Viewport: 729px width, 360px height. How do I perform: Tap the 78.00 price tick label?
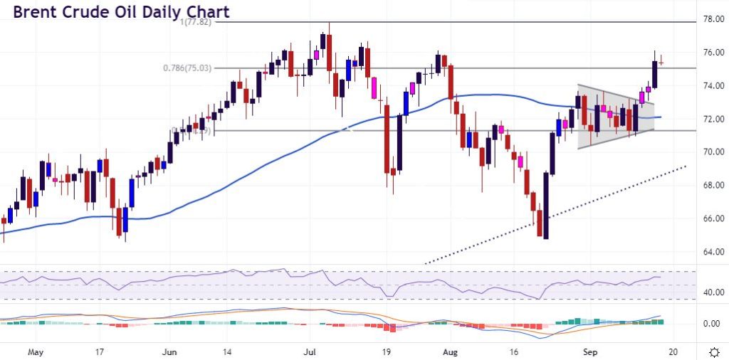[713, 19]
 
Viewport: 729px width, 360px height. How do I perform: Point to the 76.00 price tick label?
[713, 53]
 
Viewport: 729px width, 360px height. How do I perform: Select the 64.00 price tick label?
[713, 252]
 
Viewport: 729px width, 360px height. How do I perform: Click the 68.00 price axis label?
[713, 186]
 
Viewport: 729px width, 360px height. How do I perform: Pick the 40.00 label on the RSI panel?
[713, 292]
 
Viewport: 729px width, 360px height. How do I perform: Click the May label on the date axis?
[34, 351]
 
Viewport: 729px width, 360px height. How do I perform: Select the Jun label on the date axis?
[170, 351]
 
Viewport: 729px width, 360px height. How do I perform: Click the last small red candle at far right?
[661, 63]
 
